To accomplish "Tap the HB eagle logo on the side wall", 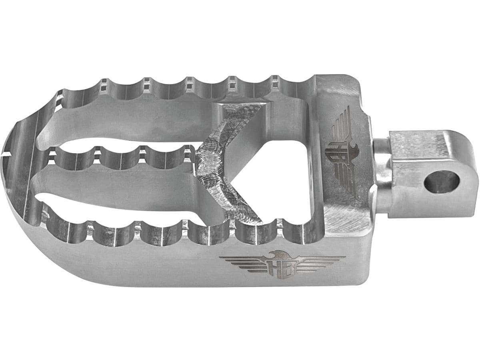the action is (282, 264).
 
